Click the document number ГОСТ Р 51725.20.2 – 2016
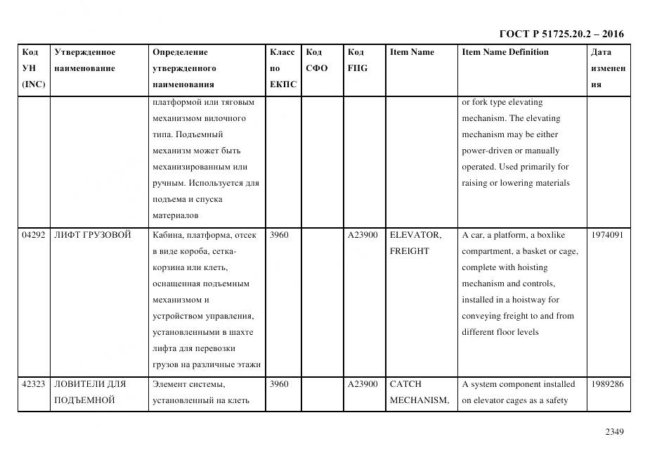[x=561, y=34]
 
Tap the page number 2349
[x=614, y=432]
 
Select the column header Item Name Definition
[x=505, y=52]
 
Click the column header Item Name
[x=412, y=52]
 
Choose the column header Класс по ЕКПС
[x=282, y=68]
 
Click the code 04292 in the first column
[x=33, y=235]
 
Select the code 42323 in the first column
[x=33, y=384]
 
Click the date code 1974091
[x=607, y=235]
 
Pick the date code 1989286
[x=607, y=384]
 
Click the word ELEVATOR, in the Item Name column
[x=415, y=235]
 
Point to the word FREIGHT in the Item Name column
[x=409, y=251]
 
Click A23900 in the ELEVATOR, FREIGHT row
[x=363, y=235]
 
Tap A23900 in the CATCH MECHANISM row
[x=363, y=384]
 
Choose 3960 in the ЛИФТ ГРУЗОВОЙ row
[x=279, y=235]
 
